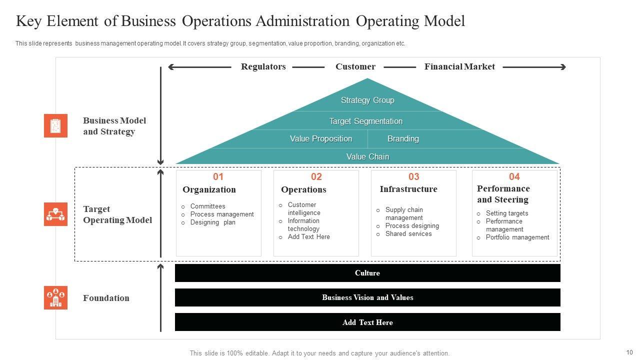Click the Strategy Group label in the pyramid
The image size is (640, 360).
click(367, 100)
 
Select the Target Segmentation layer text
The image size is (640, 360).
click(365, 121)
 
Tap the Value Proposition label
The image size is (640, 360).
click(321, 139)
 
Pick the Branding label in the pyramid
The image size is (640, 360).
click(403, 139)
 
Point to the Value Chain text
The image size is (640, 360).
click(367, 157)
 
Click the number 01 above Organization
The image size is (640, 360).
click(218, 176)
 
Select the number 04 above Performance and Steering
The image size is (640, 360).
click(514, 176)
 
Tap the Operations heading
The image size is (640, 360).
click(303, 189)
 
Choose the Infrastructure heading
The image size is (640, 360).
click(408, 189)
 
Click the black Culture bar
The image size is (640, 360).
click(367, 273)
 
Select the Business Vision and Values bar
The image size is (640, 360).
click(367, 297)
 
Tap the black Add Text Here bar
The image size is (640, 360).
click(367, 322)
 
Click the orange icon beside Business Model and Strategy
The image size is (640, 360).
click(55, 125)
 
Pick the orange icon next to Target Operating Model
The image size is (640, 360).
click(55, 214)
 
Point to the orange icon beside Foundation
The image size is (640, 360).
click(55, 298)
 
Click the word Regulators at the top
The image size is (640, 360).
click(263, 67)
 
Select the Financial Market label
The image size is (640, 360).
click(459, 67)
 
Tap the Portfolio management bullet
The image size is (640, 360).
click(517, 237)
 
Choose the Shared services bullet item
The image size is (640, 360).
click(408, 234)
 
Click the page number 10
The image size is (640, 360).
click(629, 352)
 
